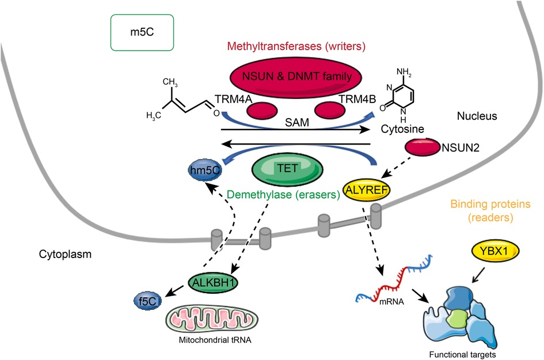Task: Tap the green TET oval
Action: click(x=288, y=169)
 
